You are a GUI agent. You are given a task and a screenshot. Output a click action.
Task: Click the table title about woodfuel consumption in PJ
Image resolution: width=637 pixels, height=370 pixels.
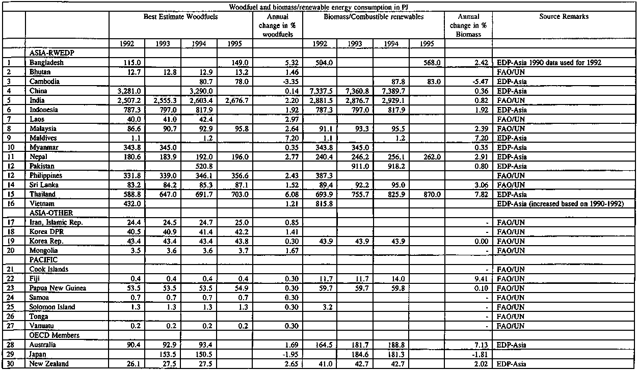coord(318,5)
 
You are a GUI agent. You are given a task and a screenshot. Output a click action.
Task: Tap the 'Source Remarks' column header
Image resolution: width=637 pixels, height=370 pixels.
coord(564,17)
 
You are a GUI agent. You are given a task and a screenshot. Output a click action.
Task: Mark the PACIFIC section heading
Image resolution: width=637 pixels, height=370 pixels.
coord(43,259)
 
